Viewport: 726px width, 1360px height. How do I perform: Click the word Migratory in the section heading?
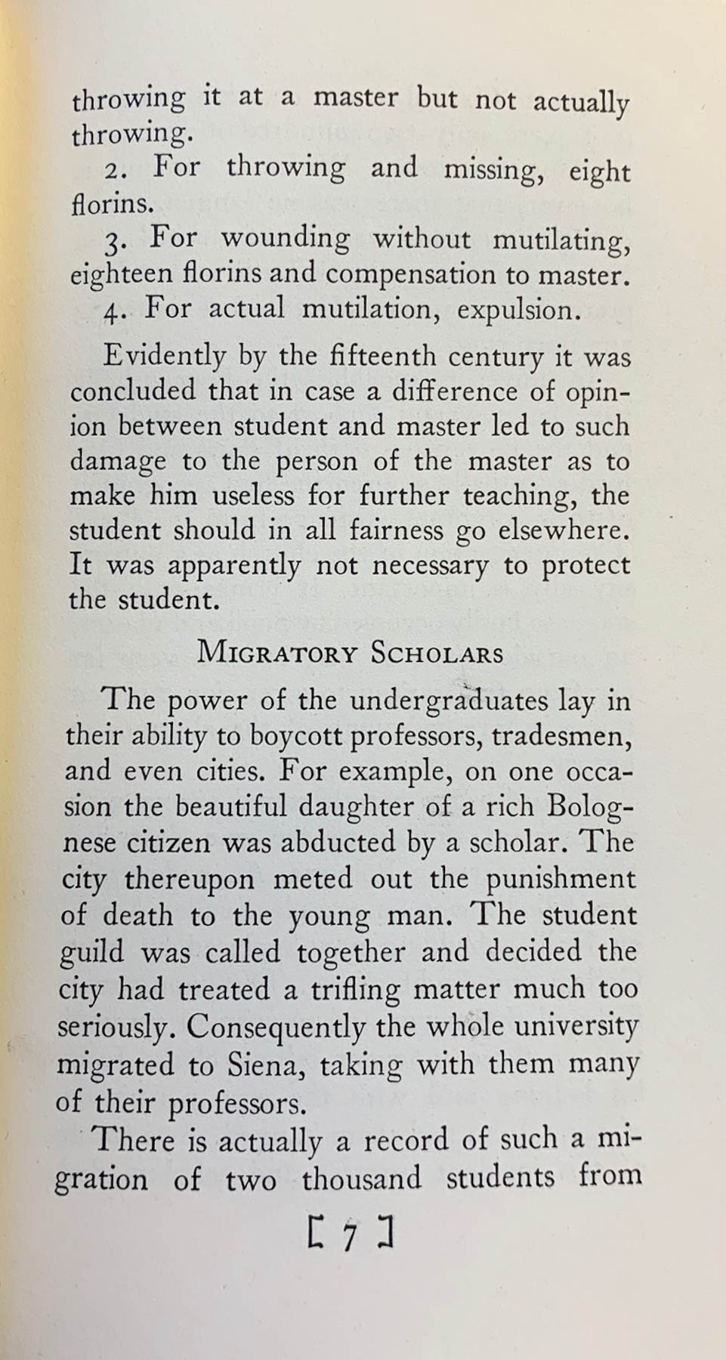[x=276, y=653]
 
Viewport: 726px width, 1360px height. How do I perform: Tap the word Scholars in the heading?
[x=437, y=653]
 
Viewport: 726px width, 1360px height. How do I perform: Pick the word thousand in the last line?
[x=361, y=1179]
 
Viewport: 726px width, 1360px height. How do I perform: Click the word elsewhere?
[x=562, y=530]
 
